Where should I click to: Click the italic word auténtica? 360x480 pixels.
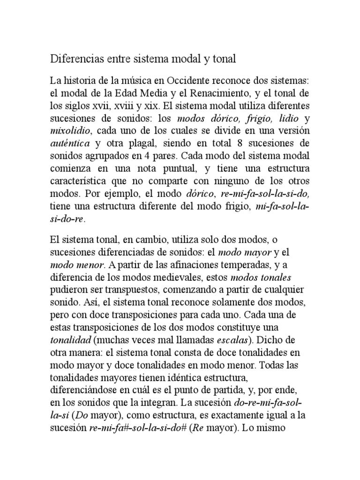tap(69, 142)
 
